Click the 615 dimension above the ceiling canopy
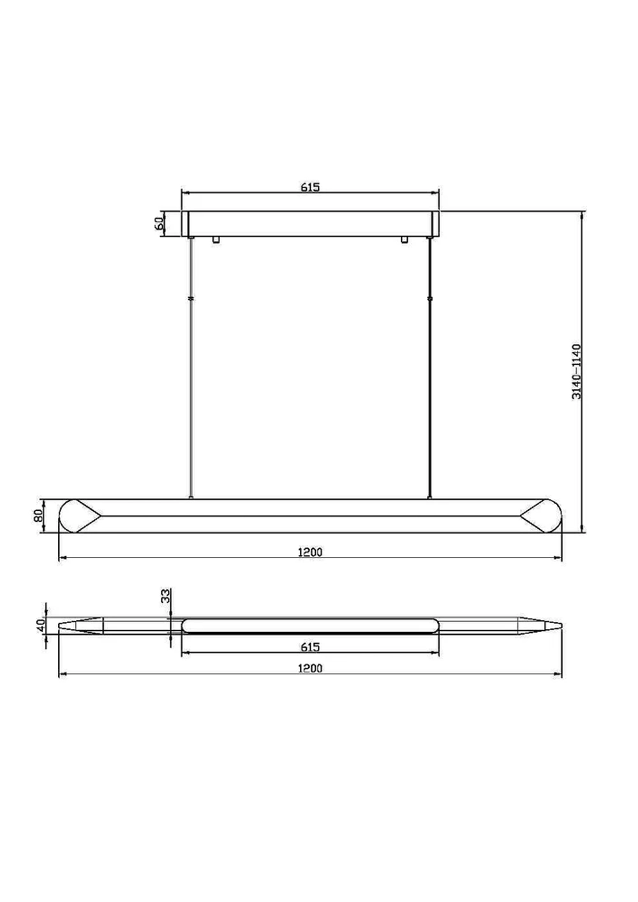pos(310,187)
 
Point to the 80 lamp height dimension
pos(38,515)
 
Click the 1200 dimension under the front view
pos(310,552)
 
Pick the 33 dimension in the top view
pos(165,596)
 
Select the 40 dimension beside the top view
pos(40,625)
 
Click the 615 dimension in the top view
pos(310,647)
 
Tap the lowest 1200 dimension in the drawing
pos(310,668)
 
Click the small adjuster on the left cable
pos(191,299)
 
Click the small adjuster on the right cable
pos(431,299)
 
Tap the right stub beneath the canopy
pos(404,240)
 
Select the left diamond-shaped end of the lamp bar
pos(81,515)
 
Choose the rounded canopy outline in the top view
pos(310,625)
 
